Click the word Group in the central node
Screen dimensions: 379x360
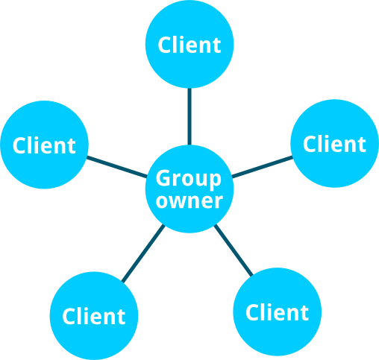click(189, 179)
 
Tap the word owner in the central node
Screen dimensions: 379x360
click(189, 201)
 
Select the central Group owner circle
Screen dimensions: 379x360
click(189, 189)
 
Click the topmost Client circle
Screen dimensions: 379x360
click(189, 44)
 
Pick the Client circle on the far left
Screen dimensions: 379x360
click(45, 145)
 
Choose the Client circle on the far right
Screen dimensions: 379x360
click(335, 143)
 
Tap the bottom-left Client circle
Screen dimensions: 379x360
click(94, 316)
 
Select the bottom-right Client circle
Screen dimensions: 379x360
click(278, 312)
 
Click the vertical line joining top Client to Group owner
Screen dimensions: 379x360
click(189, 116)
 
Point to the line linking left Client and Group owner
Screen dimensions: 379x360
click(117, 167)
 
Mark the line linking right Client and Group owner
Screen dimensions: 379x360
click(262, 167)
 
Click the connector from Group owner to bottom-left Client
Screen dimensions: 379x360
click(143, 253)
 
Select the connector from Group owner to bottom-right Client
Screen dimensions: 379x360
click(234, 250)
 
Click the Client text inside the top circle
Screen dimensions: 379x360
click(189, 45)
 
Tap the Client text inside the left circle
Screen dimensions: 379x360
click(44, 145)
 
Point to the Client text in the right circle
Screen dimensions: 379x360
click(334, 144)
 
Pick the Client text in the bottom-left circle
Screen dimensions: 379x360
click(94, 316)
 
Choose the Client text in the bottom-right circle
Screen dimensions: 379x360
click(277, 312)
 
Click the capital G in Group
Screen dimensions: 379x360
click(163, 178)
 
